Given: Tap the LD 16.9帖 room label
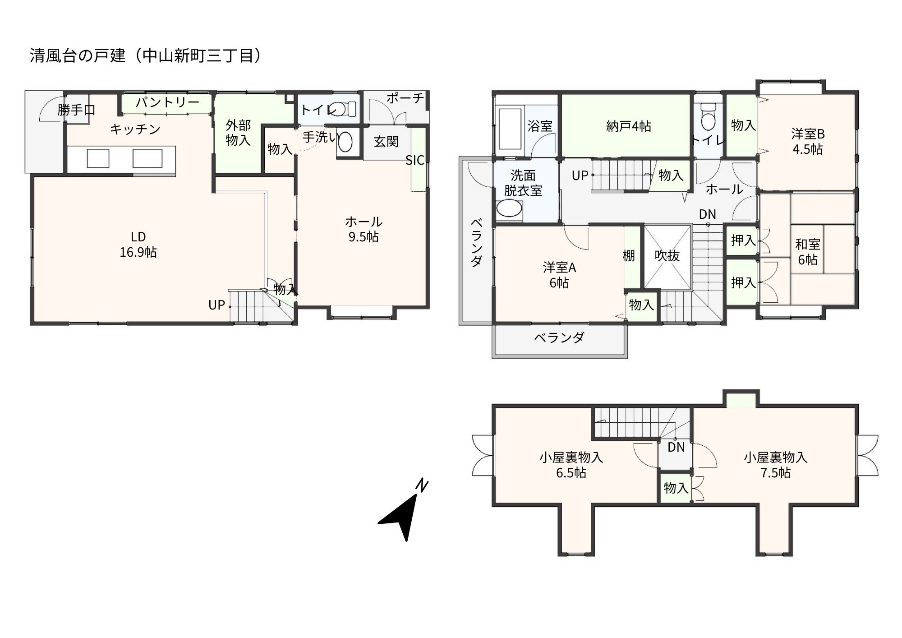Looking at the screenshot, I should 138,244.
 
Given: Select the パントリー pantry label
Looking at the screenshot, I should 167,102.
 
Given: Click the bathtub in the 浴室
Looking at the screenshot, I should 510,129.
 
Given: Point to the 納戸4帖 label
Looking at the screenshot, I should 628,126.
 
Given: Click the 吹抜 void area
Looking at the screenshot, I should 667,256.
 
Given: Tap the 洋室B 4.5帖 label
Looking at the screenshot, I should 807,141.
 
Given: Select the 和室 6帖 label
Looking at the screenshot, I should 807,252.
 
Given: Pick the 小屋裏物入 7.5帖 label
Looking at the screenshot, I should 775,465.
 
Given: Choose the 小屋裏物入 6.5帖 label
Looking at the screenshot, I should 571,465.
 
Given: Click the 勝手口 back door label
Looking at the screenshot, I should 76,110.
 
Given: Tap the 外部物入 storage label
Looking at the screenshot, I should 238,133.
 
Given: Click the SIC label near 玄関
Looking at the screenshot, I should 414,160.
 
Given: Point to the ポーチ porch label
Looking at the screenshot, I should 405,98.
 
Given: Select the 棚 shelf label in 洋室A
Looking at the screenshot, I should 629,256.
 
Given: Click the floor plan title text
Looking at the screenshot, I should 146,56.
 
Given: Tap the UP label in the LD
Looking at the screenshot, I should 216,305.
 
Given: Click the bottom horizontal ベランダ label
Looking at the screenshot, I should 559,337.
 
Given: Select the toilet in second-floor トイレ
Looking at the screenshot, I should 709,118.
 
